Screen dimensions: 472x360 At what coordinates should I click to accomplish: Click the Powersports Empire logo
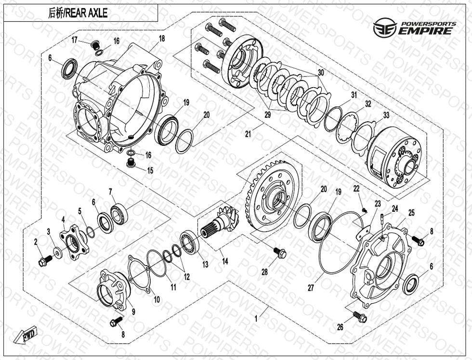(415, 27)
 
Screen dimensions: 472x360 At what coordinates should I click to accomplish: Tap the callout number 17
(74, 39)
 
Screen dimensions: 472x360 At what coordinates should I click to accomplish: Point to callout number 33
(386, 115)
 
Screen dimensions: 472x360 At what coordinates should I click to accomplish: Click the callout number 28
(264, 272)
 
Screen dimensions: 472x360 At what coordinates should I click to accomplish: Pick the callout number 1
(256, 319)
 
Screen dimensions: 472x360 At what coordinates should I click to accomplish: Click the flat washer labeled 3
(57, 251)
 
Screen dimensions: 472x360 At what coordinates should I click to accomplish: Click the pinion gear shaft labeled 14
(220, 222)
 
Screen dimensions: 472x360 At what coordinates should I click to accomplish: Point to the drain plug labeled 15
(131, 164)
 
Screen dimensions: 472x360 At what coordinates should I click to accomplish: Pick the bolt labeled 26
(359, 316)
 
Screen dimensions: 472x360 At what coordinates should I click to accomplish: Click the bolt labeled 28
(280, 253)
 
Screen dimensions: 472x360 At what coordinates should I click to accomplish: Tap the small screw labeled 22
(365, 210)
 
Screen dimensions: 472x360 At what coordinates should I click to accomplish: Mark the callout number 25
(411, 213)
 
